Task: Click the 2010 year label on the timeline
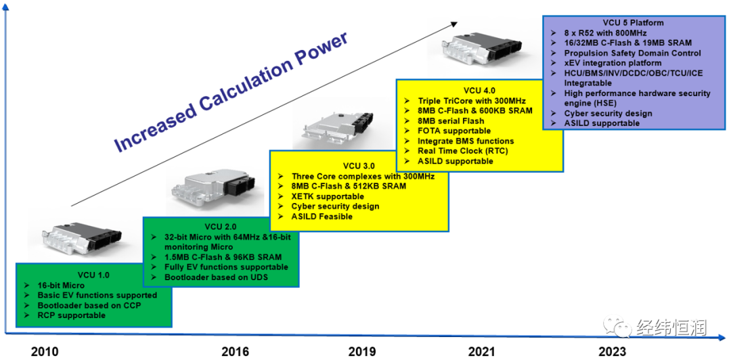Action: (x=45, y=351)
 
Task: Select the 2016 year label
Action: (x=235, y=351)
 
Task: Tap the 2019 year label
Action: (x=362, y=351)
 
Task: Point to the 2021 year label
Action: (x=482, y=351)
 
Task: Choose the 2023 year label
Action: (x=613, y=351)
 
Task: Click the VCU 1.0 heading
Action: (x=93, y=275)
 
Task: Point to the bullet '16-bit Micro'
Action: (x=63, y=286)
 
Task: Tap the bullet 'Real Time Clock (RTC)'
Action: (x=462, y=151)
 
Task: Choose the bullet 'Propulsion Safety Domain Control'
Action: (x=632, y=53)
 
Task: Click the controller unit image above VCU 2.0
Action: (x=209, y=191)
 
